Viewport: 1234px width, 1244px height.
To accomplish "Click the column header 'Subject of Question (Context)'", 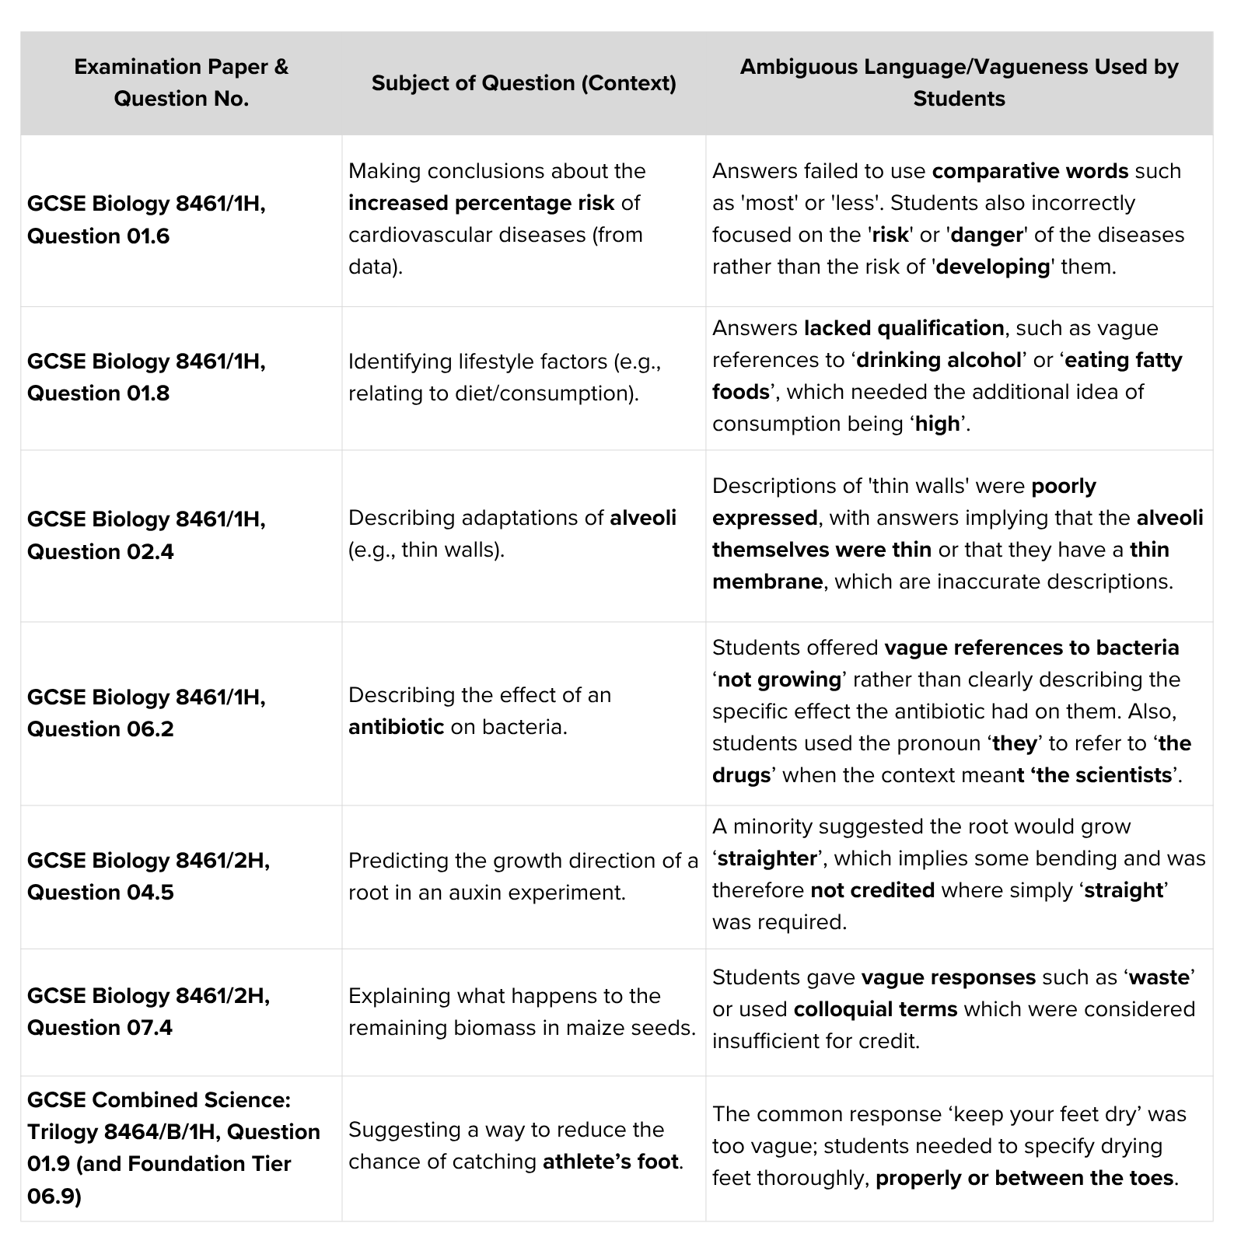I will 523,83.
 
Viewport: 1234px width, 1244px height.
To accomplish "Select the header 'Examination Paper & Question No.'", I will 181,82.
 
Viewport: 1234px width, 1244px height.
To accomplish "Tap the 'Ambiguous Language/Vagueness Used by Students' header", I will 959,82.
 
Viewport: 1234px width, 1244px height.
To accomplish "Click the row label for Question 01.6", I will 146,219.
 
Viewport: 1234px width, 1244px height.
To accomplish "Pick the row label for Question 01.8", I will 146,377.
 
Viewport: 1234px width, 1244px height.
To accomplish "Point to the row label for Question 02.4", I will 146,535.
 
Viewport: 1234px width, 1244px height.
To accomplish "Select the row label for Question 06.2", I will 146,712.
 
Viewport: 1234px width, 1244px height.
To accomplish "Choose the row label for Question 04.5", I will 149,875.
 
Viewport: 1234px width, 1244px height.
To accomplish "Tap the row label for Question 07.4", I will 149,1011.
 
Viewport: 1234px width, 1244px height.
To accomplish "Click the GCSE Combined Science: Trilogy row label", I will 173,1148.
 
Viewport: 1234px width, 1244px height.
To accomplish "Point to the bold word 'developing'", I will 993,267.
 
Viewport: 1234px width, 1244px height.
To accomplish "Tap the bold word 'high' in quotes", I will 937,424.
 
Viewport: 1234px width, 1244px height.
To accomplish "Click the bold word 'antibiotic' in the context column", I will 396,727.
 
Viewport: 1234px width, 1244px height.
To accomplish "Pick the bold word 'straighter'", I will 767,858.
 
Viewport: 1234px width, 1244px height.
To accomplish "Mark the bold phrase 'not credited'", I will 872,890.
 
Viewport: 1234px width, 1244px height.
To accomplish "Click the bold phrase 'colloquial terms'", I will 875,1009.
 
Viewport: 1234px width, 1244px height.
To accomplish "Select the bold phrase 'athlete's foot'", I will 610,1162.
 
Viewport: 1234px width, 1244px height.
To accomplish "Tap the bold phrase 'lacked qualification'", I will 904,328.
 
